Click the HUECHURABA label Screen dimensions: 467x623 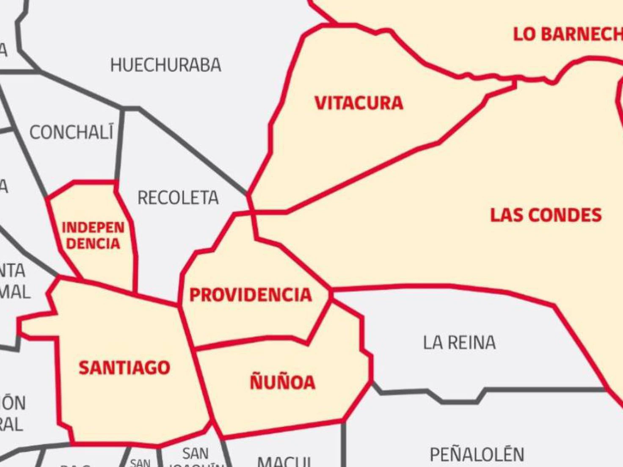click(x=165, y=65)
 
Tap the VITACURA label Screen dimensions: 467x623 click(x=359, y=103)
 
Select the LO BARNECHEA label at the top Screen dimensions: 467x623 click(x=567, y=34)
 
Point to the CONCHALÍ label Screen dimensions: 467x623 click(x=72, y=133)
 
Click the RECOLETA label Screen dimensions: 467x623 click(x=178, y=198)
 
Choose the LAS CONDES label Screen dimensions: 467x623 click(x=546, y=215)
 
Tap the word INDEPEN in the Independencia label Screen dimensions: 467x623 click(x=93, y=228)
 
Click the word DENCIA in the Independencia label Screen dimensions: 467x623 click(x=93, y=244)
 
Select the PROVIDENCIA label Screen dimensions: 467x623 click(x=251, y=295)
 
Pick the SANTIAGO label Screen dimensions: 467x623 click(x=124, y=368)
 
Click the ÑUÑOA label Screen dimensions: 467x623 click(x=283, y=382)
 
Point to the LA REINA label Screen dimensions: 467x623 click(x=459, y=343)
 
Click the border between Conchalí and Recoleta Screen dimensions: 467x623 click(x=120, y=144)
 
